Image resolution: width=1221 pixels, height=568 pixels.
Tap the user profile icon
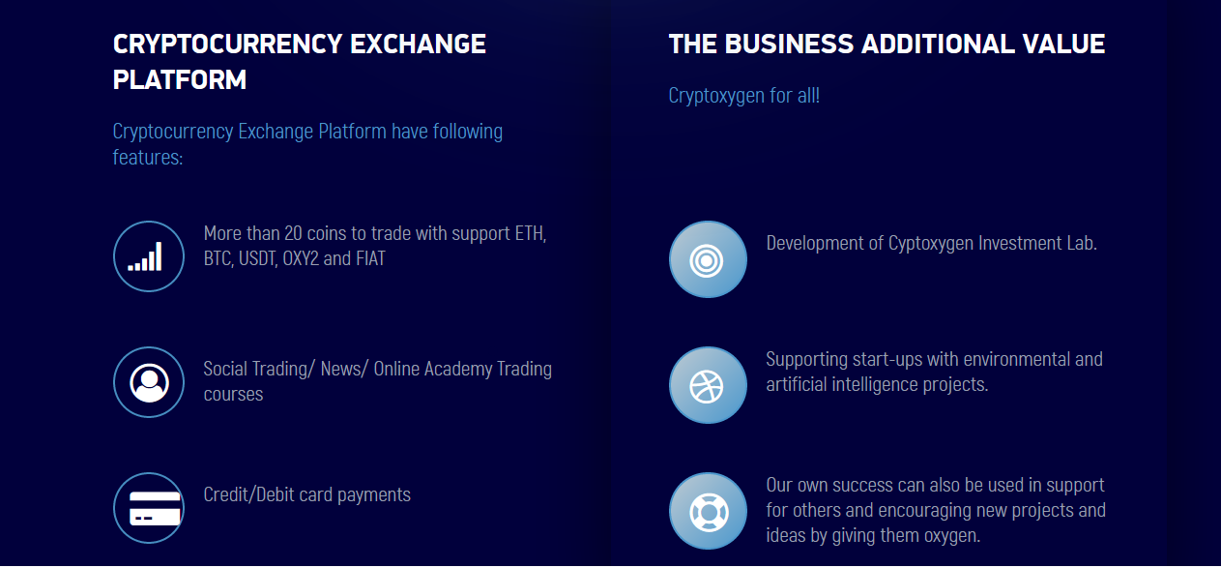click(149, 382)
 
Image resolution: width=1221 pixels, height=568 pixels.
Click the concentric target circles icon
click(708, 259)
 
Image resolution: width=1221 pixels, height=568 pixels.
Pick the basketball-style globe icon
click(708, 385)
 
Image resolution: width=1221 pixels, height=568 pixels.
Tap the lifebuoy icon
click(708, 511)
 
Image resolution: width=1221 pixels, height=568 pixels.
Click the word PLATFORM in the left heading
click(180, 79)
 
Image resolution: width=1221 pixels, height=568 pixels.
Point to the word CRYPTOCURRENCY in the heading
click(227, 44)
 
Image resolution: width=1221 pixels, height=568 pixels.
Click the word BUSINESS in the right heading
click(789, 44)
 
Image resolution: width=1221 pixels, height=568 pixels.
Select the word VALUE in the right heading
click(1064, 44)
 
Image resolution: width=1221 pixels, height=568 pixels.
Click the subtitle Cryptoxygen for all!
click(744, 96)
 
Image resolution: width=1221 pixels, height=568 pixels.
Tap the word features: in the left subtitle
click(148, 157)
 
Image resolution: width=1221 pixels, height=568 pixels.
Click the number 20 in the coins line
click(293, 233)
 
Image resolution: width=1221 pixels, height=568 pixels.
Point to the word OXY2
click(301, 258)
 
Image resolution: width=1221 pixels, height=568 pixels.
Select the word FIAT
click(370, 258)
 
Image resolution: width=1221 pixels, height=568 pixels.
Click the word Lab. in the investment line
click(1082, 243)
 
